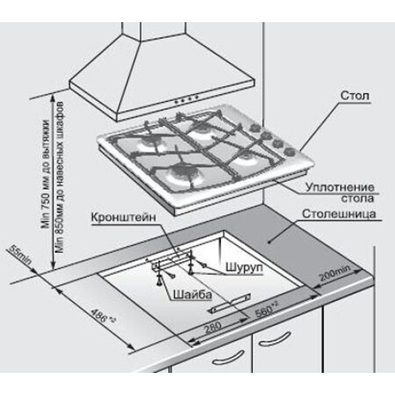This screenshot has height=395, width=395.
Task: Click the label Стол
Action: pos(355,96)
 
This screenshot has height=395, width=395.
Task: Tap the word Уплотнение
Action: pos(340,187)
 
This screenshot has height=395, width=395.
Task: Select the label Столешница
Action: pos(339,214)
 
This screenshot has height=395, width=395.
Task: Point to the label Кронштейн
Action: pos(123,218)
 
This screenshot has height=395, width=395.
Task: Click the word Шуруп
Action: pos(244,268)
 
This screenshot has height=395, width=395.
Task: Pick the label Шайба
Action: pos(193,295)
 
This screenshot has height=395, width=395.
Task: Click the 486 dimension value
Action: pos(103,315)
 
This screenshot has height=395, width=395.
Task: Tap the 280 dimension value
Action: pos(213,328)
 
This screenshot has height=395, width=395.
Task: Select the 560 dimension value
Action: pos(266,309)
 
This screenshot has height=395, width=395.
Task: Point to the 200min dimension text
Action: pos(334,273)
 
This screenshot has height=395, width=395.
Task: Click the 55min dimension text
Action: pos(21,254)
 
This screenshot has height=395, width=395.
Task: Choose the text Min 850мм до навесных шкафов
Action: pos(60,177)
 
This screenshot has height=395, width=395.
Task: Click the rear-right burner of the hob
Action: pos(201,130)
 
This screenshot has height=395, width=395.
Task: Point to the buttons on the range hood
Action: pos(186,100)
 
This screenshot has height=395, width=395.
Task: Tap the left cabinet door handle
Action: pos(228,357)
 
